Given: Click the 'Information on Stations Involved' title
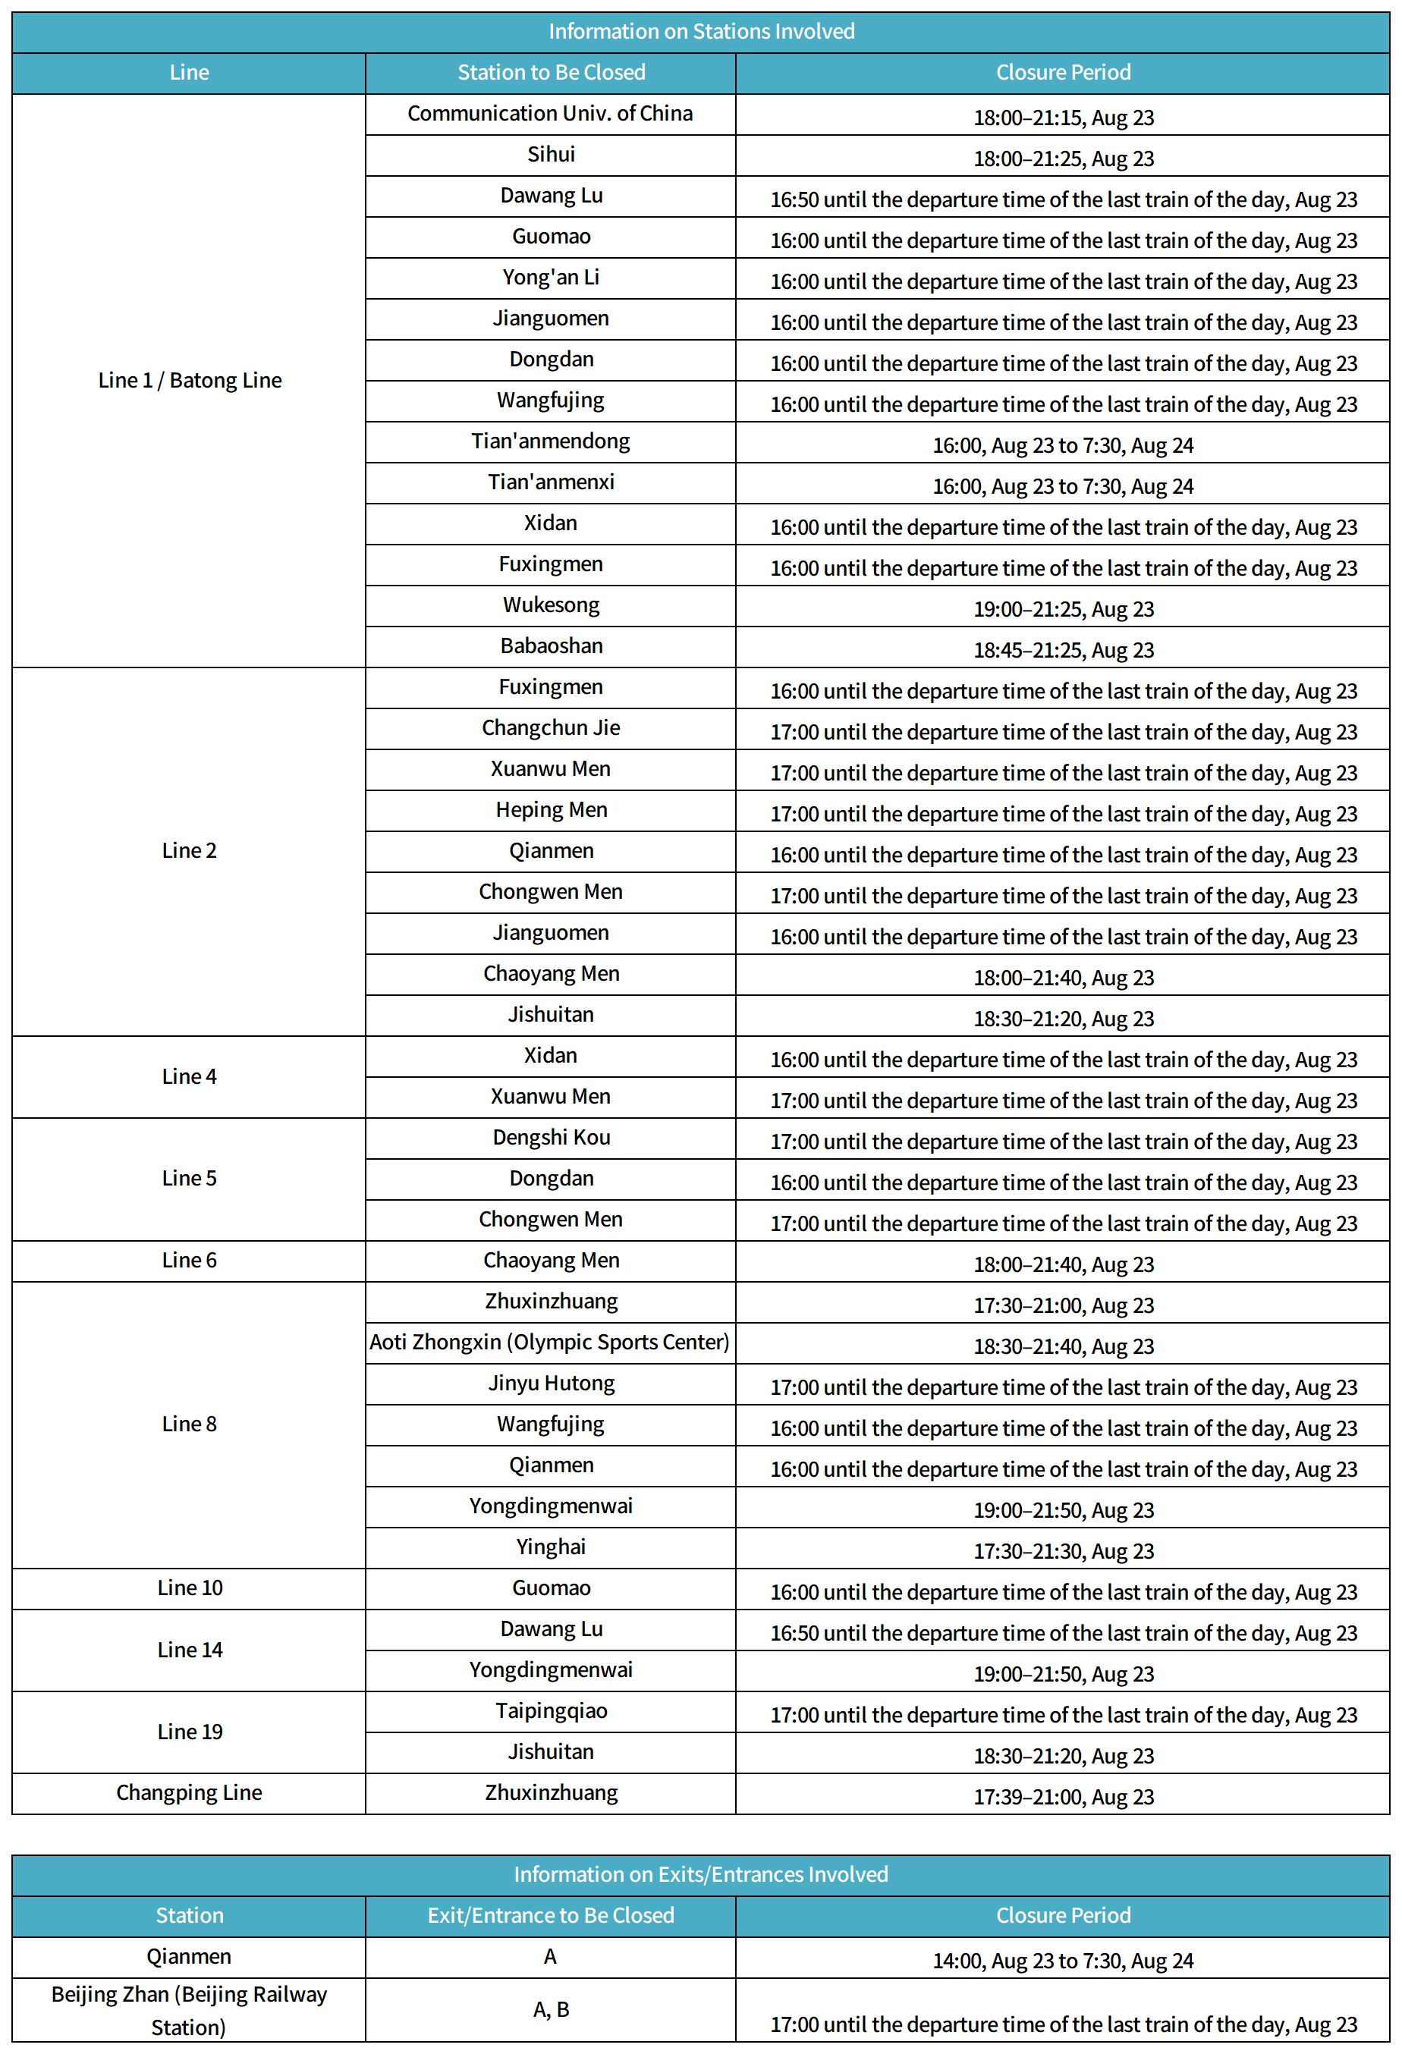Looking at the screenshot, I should point(701,32).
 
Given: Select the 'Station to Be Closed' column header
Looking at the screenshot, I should point(551,73).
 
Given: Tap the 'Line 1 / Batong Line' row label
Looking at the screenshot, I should point(189,380).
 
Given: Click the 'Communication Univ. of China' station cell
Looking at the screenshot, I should point(550,113).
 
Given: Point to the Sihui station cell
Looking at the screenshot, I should point(551,155).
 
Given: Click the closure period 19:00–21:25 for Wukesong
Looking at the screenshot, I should point(1064,609).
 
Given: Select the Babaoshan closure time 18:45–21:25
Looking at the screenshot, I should point(1064,649).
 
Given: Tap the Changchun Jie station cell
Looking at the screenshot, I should point(551,727).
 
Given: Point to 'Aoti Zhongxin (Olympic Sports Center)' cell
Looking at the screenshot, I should point(550,1342).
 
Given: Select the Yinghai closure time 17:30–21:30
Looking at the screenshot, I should point(1064,1550).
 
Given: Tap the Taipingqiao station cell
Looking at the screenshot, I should point(551,1710).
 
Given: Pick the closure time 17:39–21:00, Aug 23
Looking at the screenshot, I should point(1064,1796).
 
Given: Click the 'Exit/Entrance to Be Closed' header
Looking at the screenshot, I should point(551,1914).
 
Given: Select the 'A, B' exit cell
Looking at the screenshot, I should point(551,2009).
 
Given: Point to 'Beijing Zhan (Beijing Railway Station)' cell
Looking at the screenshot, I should point(189,2009).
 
